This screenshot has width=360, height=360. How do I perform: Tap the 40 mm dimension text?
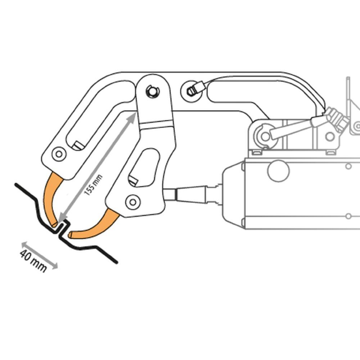[33, 261]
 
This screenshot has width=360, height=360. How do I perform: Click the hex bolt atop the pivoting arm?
[152, 91]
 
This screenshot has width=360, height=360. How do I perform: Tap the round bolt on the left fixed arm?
[58, 154]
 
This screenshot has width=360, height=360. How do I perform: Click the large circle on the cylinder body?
[278, 171]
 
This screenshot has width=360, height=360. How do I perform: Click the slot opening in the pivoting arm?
[144, 168]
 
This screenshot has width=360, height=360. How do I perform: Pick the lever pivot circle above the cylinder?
[265, 136]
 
